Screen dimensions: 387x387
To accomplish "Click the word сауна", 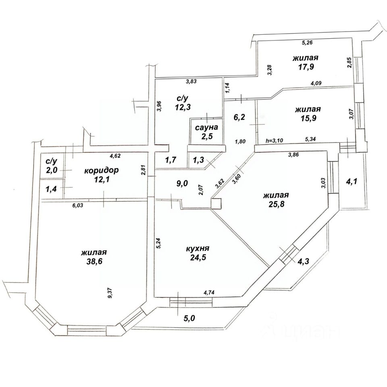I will pos(206,127).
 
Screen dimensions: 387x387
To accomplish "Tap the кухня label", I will pos(198,249).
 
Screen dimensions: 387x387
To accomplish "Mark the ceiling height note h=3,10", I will pos(275,140).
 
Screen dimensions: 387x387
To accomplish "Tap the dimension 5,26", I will pos(307,42).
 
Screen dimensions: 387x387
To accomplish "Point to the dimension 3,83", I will pos(191,82).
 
